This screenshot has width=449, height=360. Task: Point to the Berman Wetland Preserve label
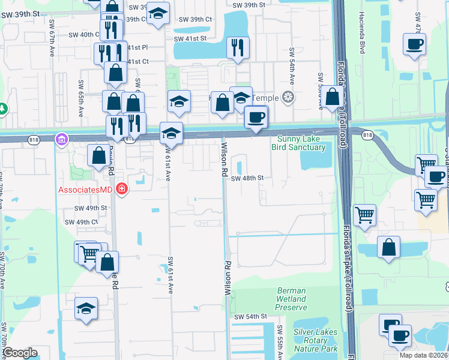291,299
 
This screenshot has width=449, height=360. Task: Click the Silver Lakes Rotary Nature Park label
316,340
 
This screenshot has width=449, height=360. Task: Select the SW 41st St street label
190,39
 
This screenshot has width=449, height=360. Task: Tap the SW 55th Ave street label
280,343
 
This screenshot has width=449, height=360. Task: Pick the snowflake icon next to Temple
289,98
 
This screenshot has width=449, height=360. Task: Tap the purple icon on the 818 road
61,139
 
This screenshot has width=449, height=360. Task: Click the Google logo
20,353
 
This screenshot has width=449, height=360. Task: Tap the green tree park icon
3,109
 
